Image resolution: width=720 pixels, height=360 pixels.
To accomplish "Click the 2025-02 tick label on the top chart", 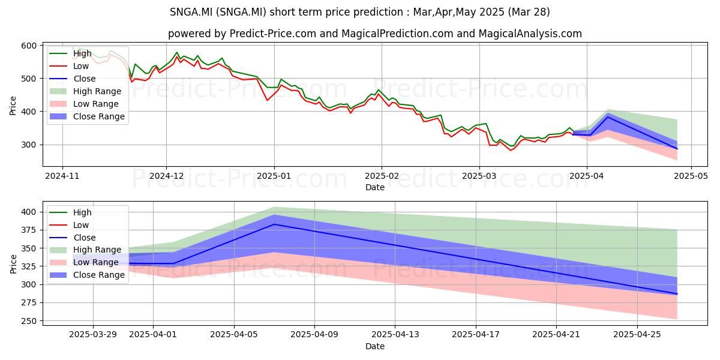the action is point(382,176).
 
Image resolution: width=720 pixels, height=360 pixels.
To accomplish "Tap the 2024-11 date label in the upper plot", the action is point(62,176).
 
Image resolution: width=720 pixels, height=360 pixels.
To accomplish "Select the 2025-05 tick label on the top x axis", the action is point(691,176).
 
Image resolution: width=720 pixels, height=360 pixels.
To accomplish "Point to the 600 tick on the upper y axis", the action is point(29,46).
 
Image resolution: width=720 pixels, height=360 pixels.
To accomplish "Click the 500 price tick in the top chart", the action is point(29,79).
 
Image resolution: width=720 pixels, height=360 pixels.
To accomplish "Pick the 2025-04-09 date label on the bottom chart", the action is point(314,335).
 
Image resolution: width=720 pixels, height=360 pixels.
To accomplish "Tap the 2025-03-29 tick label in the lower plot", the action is point(93,335).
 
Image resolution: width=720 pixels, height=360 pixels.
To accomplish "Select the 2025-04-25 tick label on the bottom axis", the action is point(637,335).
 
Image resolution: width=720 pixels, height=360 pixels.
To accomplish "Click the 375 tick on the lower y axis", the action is point(29,230).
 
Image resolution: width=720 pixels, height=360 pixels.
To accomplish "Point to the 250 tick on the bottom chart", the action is point(29,321).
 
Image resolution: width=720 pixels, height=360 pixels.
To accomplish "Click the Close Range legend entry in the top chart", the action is point(87,116).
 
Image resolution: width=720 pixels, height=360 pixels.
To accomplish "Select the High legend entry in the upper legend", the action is point(70,53).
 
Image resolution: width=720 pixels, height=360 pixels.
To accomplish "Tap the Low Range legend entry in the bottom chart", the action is point(84,262).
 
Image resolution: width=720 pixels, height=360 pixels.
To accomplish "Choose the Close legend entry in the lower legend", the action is point(73,238).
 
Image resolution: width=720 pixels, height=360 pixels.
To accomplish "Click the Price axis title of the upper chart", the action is point(13,106).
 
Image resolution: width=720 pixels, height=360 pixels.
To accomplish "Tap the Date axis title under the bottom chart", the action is point(375,347).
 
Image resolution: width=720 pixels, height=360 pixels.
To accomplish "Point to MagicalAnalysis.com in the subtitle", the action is point(530,34).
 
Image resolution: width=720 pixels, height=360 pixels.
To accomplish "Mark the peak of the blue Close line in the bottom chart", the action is point(274,224).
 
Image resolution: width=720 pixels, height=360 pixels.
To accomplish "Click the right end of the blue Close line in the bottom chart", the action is point(677,294).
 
